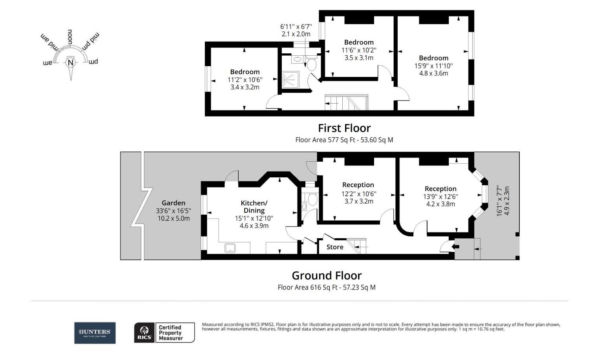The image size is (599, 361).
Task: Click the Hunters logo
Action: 95,333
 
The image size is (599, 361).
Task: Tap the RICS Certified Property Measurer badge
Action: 164,333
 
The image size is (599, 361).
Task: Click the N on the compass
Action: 71,62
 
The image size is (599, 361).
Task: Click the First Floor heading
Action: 344,128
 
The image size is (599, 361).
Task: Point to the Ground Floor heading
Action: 327,275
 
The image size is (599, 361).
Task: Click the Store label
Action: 335,247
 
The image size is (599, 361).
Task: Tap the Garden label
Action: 173,203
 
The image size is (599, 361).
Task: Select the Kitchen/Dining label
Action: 254,206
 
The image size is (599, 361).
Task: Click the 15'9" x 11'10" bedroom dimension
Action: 433,66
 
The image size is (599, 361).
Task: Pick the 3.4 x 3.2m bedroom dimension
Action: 245,87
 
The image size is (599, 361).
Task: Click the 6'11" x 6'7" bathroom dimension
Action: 296,27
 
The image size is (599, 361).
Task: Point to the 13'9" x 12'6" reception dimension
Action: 440,197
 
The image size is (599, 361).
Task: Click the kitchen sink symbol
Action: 230,248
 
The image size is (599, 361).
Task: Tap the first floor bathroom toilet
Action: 312,64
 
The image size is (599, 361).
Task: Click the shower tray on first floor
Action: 290,80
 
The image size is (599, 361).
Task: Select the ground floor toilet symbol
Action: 312,199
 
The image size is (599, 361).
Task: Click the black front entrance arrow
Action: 456,246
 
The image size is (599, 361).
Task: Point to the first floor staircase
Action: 346,102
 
